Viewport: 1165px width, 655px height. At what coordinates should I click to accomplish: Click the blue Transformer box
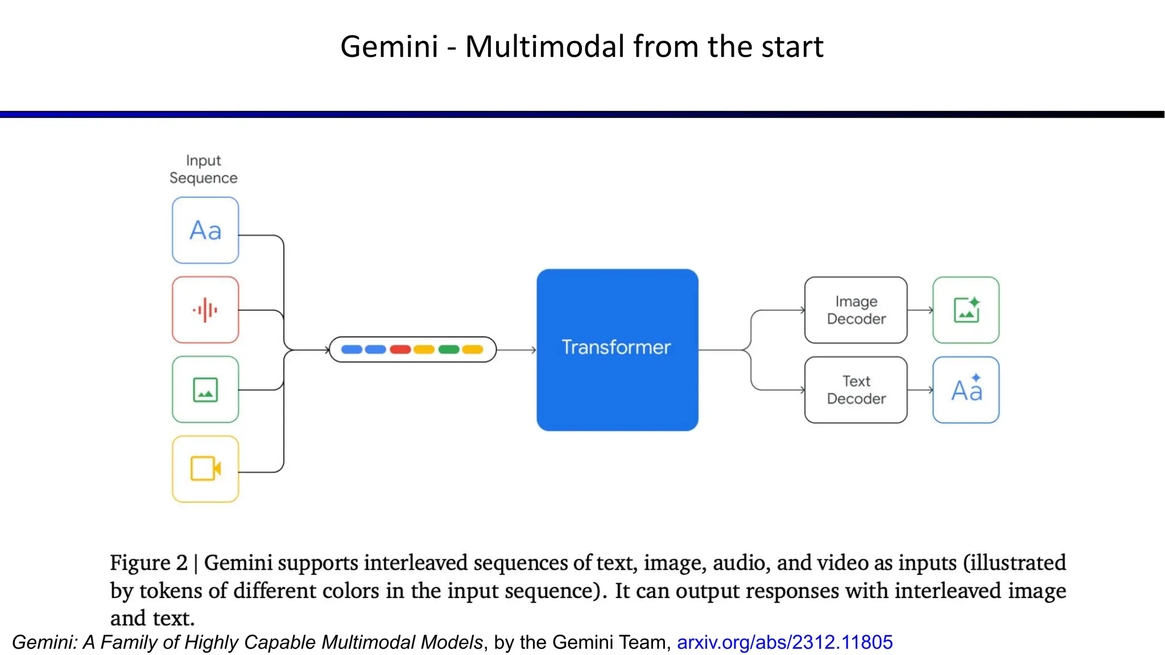617,349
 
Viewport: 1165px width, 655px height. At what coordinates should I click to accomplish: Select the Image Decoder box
856,310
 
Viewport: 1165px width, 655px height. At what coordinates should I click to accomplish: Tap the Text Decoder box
856,389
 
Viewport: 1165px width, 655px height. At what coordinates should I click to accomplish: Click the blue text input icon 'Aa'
205,230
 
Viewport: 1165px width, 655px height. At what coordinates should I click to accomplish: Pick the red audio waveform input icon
205,310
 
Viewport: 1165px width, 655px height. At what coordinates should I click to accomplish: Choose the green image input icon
205,389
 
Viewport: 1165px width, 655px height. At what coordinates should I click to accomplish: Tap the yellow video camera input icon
205,469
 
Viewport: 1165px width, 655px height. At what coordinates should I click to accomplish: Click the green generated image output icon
966,310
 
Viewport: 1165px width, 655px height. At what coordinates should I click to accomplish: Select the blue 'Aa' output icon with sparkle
966,389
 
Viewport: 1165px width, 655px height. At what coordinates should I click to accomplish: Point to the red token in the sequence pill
400,349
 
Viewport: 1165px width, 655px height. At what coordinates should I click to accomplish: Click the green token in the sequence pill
449,349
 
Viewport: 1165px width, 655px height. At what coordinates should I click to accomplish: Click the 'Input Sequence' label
203,169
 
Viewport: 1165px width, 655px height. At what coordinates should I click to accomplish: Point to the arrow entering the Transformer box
517,350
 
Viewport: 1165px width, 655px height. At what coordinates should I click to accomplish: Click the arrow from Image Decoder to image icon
920,310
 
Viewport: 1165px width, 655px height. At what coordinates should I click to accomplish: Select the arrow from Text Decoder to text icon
920,389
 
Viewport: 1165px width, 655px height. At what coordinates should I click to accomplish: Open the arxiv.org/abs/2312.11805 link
784,642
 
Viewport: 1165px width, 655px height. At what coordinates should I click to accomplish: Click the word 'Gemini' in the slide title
389,47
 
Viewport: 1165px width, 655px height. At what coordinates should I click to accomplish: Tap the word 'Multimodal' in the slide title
545,47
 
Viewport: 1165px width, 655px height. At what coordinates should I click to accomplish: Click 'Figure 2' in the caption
148,563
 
